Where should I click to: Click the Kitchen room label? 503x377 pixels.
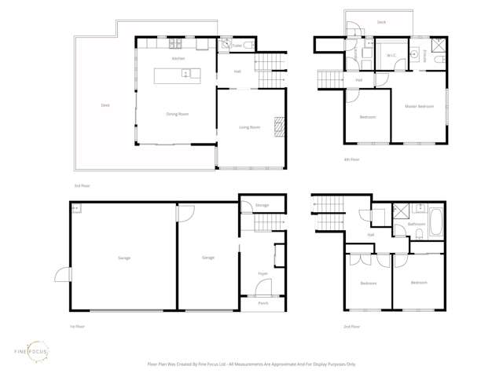(178, 59)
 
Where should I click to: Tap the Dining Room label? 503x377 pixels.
(178, 115)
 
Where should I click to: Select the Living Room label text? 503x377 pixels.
(250, 127)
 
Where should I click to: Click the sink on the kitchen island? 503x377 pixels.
(185, 74)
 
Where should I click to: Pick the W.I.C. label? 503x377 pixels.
(391, 55)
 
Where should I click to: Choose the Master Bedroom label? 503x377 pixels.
(419, 106)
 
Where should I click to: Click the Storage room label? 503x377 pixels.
(262, 206)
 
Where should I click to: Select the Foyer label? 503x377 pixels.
(263, 273)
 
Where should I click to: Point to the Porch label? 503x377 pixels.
(263, 303)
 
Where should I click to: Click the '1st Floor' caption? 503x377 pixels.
(76, 326)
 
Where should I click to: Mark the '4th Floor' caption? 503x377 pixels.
(351, 159)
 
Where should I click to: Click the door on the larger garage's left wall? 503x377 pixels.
(61, 275)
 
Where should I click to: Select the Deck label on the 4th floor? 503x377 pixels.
(381, 23)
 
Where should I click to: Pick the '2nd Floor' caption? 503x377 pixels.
(351, 326)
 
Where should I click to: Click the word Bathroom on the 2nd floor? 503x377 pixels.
(417, 225)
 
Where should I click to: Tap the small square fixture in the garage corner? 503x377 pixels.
(76, 208)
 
